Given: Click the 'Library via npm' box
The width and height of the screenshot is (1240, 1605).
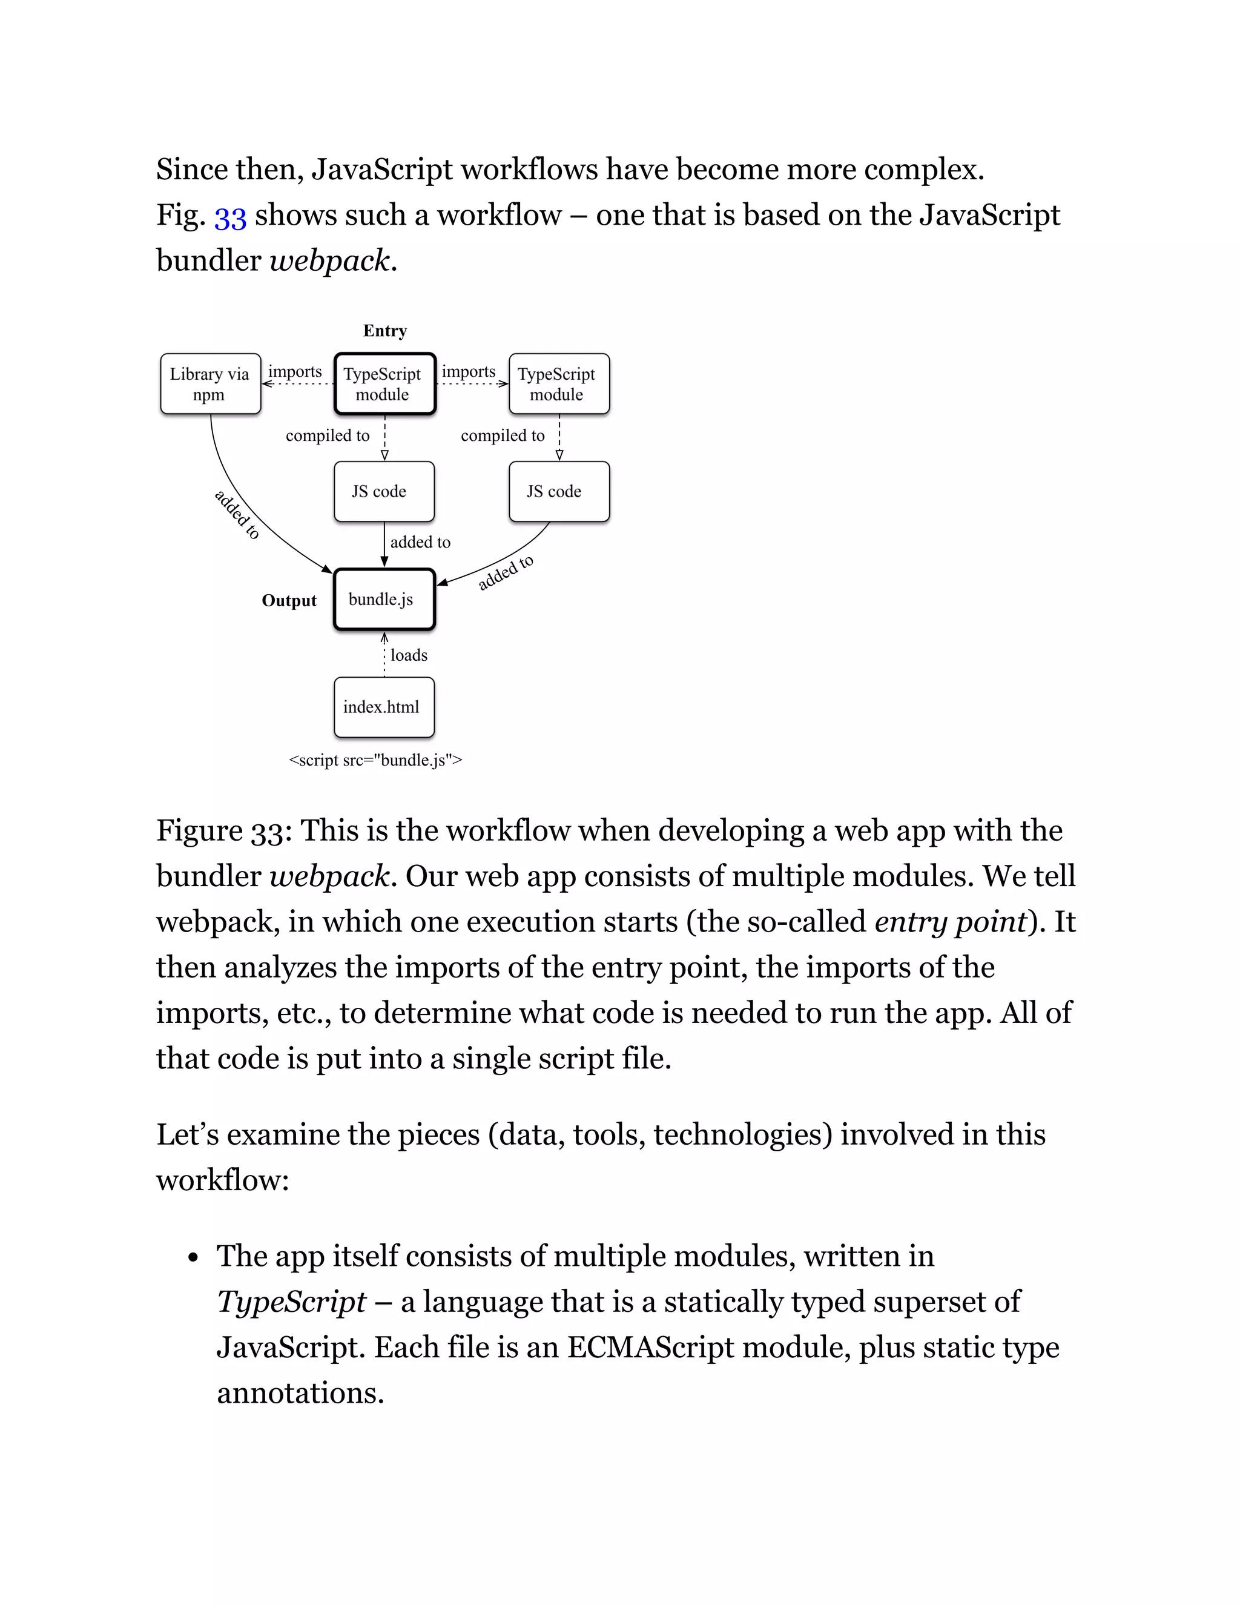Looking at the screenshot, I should coord(210,383).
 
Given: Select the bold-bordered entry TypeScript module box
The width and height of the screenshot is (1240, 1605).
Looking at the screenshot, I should coord(384,383).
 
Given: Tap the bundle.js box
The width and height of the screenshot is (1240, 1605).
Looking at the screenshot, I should coord(384,599).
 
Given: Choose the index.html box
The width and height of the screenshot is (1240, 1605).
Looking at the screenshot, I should coord(383,707).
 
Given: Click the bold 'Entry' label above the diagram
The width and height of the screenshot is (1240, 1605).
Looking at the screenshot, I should coord(384,331).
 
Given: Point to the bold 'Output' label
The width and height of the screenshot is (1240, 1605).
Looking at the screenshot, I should coord(289,600).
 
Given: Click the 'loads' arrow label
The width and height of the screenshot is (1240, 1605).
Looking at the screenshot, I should coord(409,655).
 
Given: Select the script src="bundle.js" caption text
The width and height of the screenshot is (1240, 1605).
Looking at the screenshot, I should coord(375,760).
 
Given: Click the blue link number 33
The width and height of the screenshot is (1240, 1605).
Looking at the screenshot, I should coord(230,216).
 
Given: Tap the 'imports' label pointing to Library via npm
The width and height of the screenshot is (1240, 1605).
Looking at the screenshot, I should coord(295,371).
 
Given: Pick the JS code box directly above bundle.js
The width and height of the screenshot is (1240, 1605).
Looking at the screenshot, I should coord(383,491).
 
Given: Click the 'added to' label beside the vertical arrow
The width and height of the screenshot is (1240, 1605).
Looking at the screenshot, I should coord(420,542).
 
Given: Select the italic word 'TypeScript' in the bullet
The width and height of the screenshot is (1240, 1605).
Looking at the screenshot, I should coord(291,1302).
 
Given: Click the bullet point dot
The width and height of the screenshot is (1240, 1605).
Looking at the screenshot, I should coord(193,1257).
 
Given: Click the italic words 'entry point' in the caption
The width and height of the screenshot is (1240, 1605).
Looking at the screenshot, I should coord(950,922).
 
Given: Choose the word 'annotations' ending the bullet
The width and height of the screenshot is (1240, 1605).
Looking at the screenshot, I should coord(300,1392).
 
